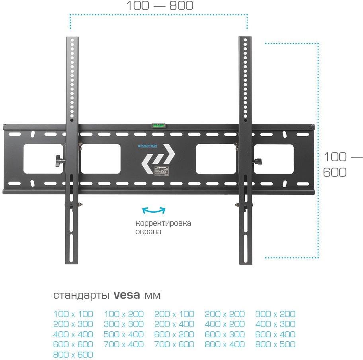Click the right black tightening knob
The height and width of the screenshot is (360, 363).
[x=259, y=161]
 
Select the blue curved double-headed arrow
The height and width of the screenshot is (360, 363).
[x=154, y=210]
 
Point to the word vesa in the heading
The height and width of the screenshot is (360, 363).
[x=127, y=296]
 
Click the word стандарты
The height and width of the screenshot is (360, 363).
[x=82, y=296]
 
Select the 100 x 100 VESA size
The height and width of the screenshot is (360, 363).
[x=73, y=314]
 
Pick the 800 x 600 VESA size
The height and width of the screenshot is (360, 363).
[x=73, y=354]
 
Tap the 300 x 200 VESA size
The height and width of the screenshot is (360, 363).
[x=275, y=314]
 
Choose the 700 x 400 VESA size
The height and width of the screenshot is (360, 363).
[x=124, y=344]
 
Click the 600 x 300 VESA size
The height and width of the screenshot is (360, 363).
[x=225, y=334]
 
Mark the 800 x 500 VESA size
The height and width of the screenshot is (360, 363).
[x=275, y=344]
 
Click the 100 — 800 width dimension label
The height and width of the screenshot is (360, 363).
[x=160, y=6]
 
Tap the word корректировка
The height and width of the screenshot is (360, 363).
[x=163, y=223]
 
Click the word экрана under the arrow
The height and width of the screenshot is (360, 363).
[x=148, y=231]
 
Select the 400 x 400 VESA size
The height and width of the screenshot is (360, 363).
[x=73, y=334]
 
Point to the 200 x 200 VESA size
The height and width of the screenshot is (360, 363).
[x=225, y=314]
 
